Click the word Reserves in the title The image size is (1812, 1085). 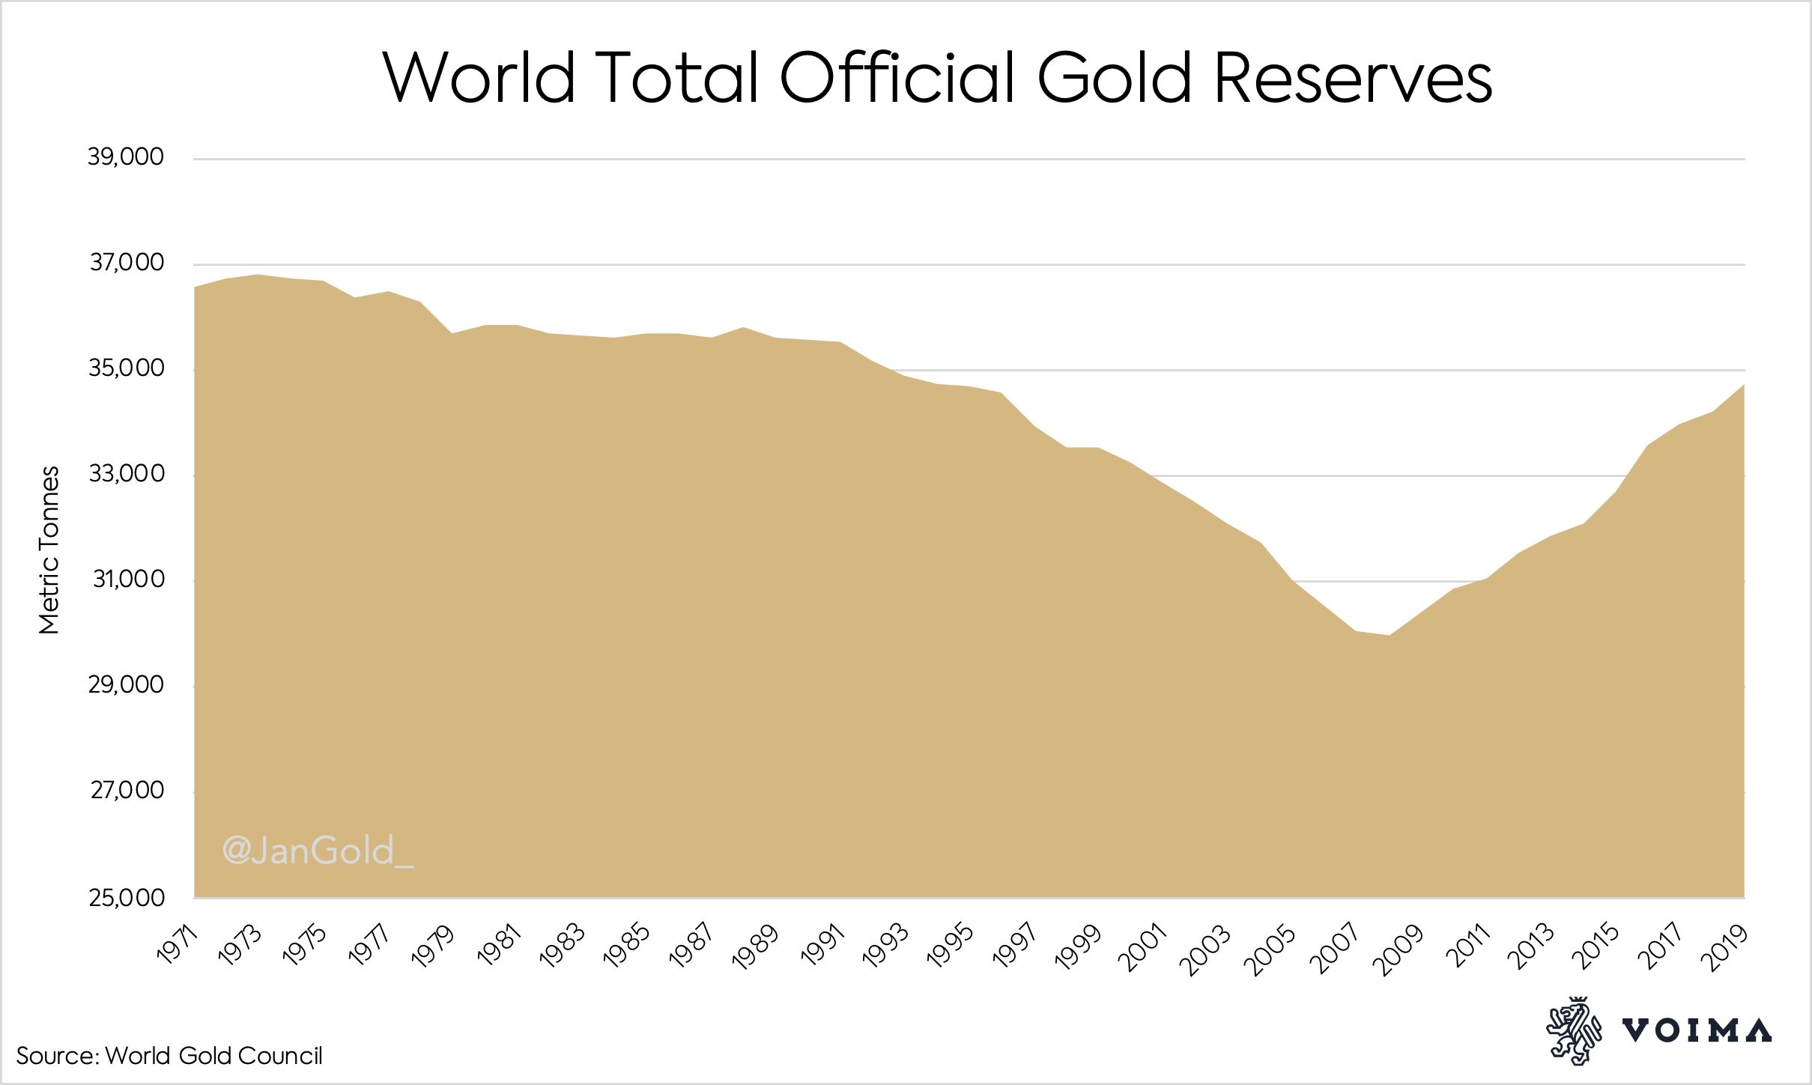click(x=1353, y=78)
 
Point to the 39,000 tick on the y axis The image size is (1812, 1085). click(x=126, y=157)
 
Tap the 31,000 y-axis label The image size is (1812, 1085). click(x=128, y=580)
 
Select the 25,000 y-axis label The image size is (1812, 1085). click(x=127, y=898)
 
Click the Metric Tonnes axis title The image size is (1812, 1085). click(x=49, y=550)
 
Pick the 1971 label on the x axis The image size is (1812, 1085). click(x=178, y=944)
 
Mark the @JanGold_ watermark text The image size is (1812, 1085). click(x=318, y=851)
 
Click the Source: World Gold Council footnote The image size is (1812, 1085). click(x=169, y=1056)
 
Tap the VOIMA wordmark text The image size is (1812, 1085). click(x=1697, y=1031)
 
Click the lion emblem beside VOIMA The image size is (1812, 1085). click(x=1572, y=1030)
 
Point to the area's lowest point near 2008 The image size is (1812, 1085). click(x=1389, y=636)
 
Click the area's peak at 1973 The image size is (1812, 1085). click(x=258, y=275)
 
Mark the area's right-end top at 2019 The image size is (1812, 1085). click(x=1744, y=385)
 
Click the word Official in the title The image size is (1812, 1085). click(x=897, y=78)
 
